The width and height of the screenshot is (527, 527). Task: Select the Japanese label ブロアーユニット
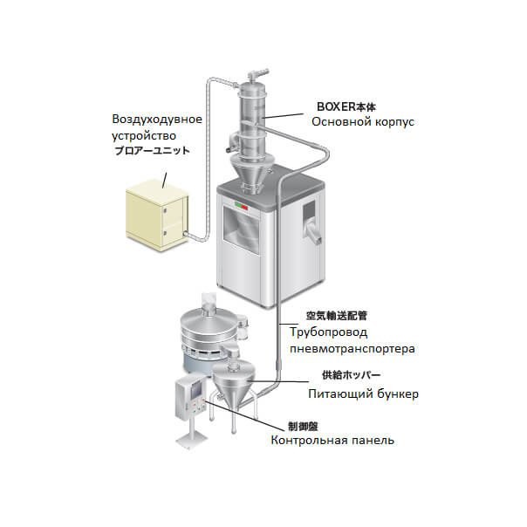point(155,151)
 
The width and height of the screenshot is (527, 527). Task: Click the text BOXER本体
point(348,106)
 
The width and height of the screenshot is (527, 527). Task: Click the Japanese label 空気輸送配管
point(335,316)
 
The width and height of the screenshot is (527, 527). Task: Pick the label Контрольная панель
point(332,441)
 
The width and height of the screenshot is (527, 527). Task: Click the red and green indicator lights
point(239,208)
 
